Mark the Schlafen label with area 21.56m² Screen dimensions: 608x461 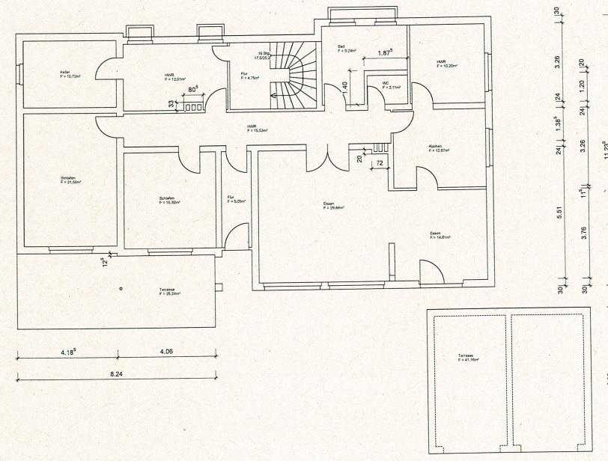click(x=71, y=180)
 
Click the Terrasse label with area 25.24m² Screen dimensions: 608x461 click(x=170, y=292)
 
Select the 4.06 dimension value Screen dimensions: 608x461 click(x=165, y=350)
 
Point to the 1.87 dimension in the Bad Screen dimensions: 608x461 click(x=386, y=52)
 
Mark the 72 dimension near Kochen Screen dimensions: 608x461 click(x=380, y=162)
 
